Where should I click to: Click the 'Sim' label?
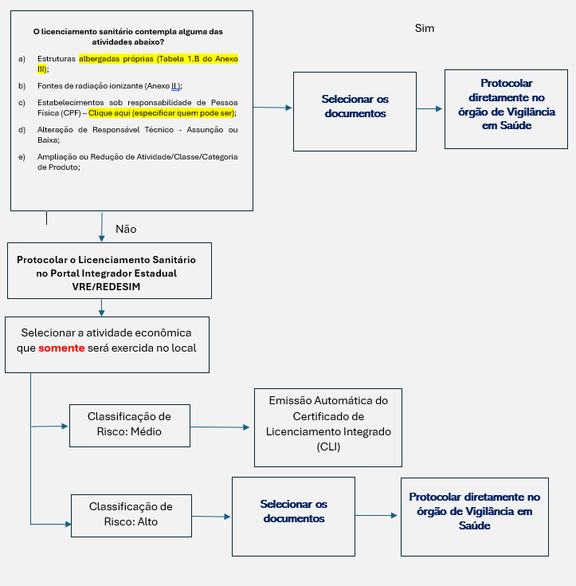[x=425, y=29]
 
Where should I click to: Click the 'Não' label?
[x=126, y=229]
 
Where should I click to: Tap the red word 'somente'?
[x=61, y=348]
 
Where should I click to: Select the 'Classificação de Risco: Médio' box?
[x=130, y=426]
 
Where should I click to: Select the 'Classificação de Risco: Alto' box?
[x=131, y=516]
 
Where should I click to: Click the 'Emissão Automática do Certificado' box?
[x=328, y=427]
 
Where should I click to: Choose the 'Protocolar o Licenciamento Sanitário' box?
[x=109, y=270]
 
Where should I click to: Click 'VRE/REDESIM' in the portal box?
[x=107, y=287]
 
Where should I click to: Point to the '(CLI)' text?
[x=328, y=447]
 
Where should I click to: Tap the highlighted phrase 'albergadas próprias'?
[x=116, y=59]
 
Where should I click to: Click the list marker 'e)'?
[x=22, y=157]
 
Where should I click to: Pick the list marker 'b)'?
[x=22, y=86]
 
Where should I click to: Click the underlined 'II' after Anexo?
[x=174, y=86]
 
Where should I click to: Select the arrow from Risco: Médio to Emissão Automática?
[x=220, y=427]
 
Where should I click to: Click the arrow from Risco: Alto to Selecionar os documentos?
[x=211, y=517]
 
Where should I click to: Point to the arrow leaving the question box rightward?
[x=272, y=108]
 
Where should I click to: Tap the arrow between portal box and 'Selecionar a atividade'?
[x=101, y=308]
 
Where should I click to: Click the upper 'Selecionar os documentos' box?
[x=355, y=112]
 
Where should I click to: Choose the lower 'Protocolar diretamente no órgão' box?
[x=475, y=517]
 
